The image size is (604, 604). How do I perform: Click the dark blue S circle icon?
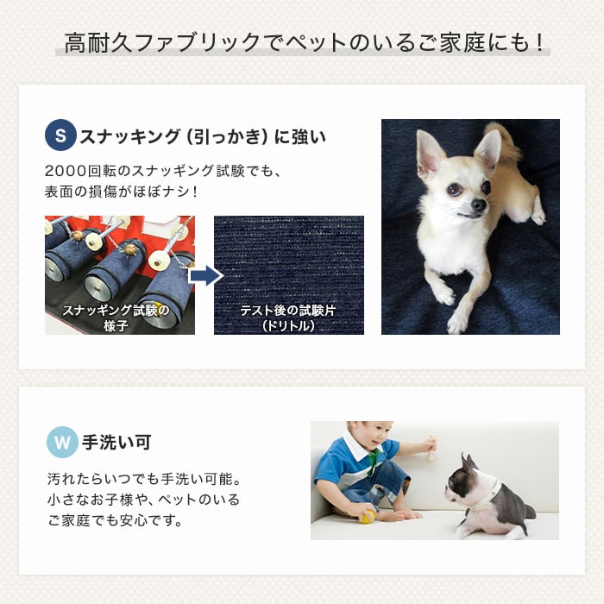point(60,135)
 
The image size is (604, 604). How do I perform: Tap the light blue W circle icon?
point(62,442)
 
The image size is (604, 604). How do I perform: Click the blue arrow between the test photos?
point(206,275)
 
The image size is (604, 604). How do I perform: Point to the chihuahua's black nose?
point(479,204)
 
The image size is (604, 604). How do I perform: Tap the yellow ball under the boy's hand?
point(367,517)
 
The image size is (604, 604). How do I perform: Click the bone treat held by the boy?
point(431,447)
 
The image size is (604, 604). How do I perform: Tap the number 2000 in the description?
point(66,171)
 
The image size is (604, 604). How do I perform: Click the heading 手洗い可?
point(116,442)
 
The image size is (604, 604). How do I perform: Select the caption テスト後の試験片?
point(288,310)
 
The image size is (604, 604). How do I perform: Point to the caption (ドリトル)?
point(288,326)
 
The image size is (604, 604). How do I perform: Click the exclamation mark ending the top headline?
point(539,42)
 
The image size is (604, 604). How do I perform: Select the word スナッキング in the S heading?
point(129,136)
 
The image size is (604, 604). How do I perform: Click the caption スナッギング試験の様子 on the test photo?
point(116,318)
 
